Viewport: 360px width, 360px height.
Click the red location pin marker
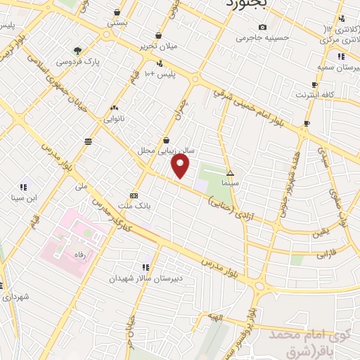click(181, 166)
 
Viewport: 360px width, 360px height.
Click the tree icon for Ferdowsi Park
click(77, 50)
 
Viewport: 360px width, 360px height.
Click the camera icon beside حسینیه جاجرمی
click(262, 27)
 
